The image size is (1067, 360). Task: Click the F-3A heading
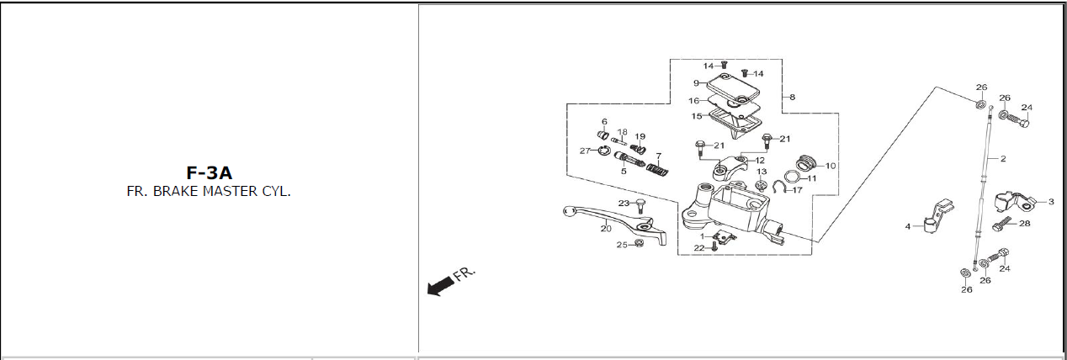point(210,172)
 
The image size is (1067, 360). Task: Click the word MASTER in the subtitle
point(231,192)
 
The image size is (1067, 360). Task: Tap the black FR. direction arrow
point(440,286)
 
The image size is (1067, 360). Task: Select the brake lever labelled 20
point(615,225)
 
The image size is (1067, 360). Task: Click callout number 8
point(792,97)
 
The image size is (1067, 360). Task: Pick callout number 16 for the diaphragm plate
point(693,101)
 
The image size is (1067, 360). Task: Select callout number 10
point(831,166)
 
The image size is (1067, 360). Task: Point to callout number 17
point(798,190)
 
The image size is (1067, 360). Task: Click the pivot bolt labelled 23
point(640,206)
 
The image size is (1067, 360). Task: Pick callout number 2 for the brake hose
point(1003,159)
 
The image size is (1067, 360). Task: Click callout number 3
point(1051,202)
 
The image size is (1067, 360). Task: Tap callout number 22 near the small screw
point(698,248)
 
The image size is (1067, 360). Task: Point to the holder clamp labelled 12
point(731,167)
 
